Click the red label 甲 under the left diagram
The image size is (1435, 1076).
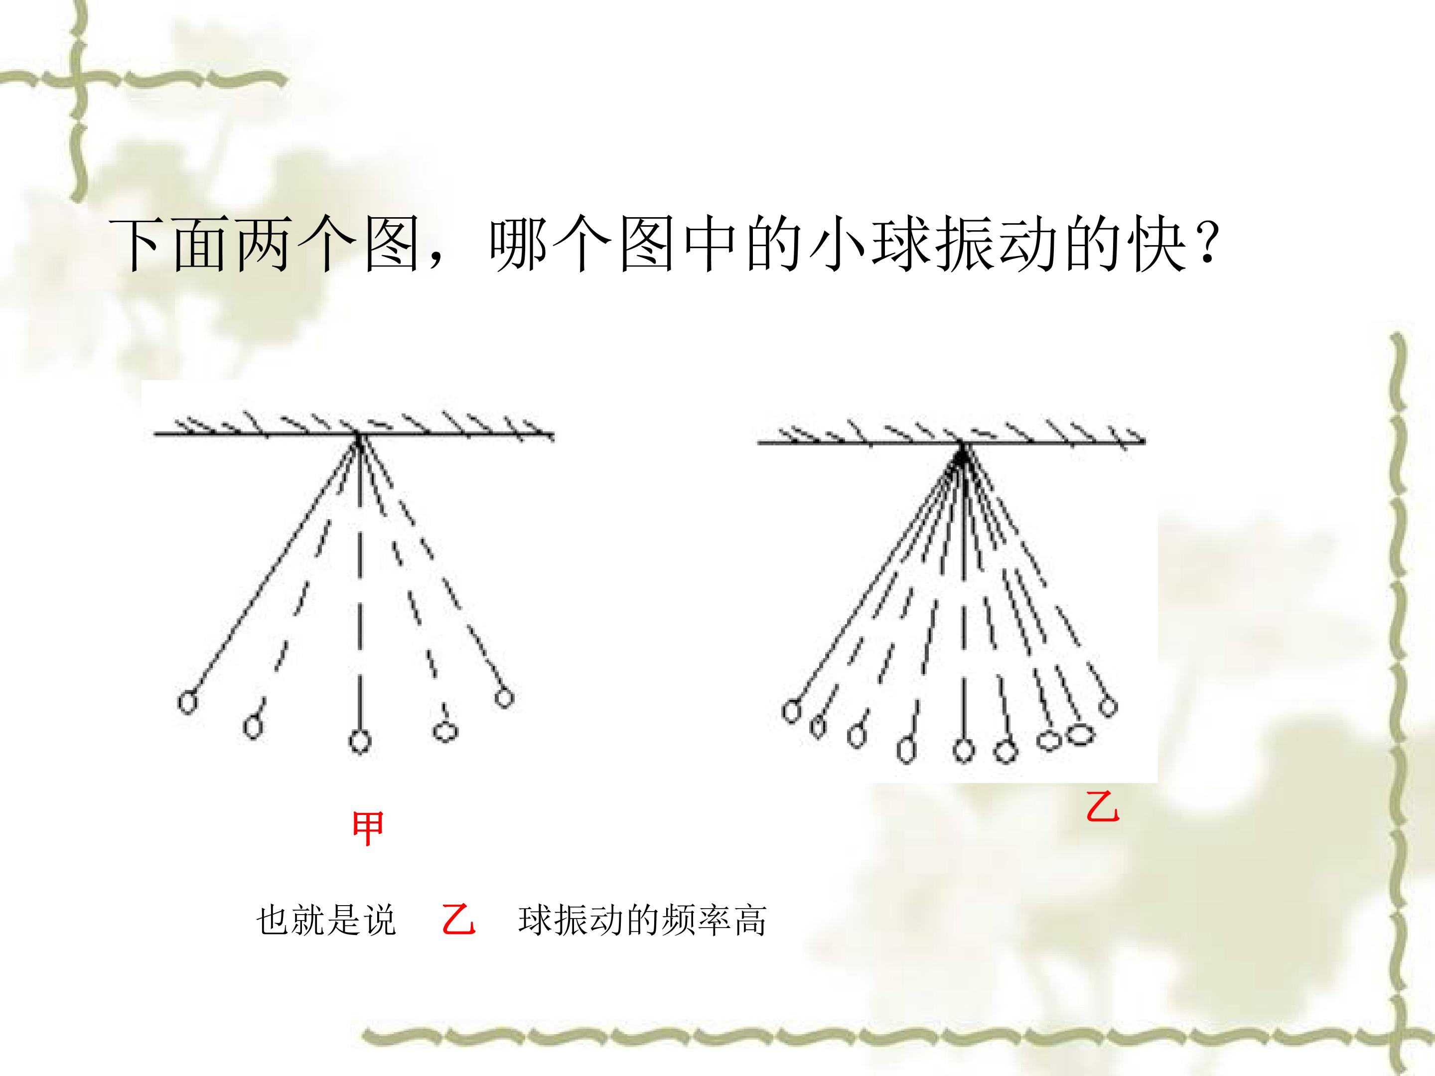point(367,828)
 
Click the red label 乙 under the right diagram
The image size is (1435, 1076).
point(1103,807)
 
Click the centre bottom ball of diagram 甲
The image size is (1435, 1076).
point(360,740)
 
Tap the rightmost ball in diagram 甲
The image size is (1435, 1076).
point(504,698)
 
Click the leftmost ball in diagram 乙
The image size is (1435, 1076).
point(791,711)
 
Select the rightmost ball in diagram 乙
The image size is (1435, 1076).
point(1108,706)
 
